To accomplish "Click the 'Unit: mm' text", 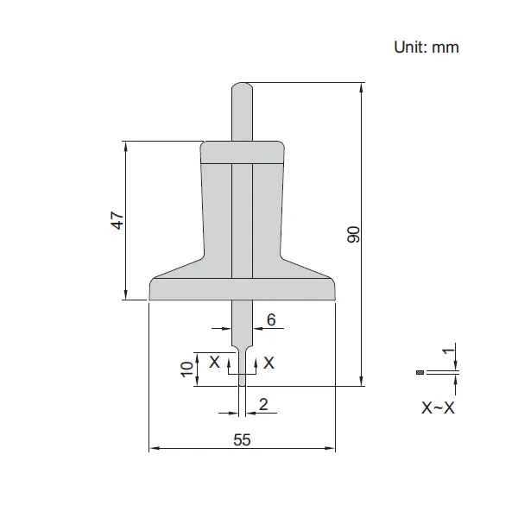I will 426,47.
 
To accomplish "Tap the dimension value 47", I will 117,220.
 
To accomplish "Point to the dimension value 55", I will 242,439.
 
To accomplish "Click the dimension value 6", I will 270,320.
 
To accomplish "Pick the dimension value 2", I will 263,403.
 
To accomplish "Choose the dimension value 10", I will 186,369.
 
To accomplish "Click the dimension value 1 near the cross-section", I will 446,352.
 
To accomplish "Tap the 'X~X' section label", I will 438,407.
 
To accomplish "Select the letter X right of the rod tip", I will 268,363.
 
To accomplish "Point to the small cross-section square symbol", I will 419,372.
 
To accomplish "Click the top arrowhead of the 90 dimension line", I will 361,87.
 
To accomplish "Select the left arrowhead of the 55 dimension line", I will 155,449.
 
